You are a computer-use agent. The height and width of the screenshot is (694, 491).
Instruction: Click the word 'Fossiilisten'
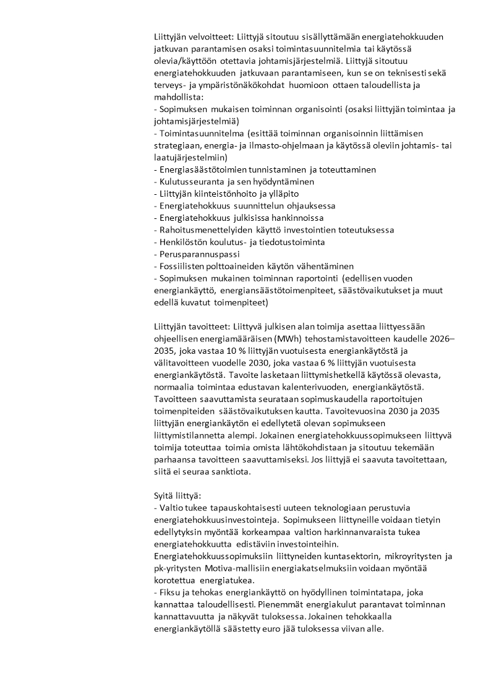pos(185,266)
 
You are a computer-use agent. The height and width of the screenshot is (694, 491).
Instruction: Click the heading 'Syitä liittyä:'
pos(177,495)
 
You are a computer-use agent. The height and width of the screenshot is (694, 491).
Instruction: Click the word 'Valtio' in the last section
pos(173,508)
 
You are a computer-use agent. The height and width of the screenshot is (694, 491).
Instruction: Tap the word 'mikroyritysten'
pos(401,556)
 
